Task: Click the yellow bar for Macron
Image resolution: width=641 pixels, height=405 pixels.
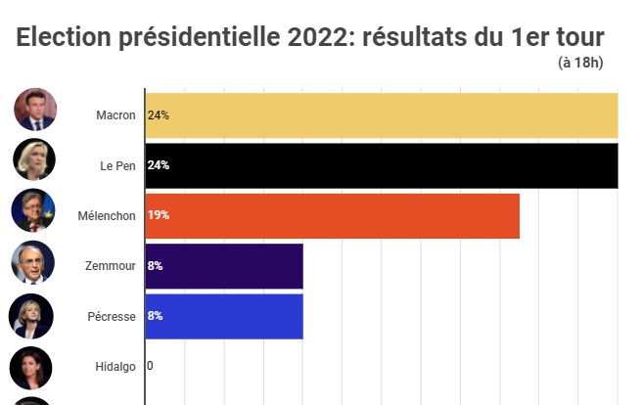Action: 382,115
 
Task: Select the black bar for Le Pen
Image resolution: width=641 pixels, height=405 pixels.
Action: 382,165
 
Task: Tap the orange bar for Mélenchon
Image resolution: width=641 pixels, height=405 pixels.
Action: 332,215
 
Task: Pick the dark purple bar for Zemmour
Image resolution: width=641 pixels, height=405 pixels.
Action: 224,266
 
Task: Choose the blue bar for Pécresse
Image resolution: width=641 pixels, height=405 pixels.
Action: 224,316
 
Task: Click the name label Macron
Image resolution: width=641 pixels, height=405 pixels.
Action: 115,115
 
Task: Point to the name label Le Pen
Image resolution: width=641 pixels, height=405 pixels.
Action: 117,165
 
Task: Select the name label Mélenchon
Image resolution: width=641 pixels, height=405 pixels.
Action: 107,215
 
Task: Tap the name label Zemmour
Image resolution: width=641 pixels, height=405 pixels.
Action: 111,266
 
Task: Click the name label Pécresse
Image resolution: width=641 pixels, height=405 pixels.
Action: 111,316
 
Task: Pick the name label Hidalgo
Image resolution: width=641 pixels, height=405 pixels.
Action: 114,366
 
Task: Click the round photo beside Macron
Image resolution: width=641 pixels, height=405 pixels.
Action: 35,110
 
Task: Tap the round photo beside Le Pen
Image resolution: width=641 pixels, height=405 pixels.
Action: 34,159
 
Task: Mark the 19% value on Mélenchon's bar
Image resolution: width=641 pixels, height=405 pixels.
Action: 158,215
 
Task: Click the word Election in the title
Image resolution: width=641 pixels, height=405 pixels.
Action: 62,39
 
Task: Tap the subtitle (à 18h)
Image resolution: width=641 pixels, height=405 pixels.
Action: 581,64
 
